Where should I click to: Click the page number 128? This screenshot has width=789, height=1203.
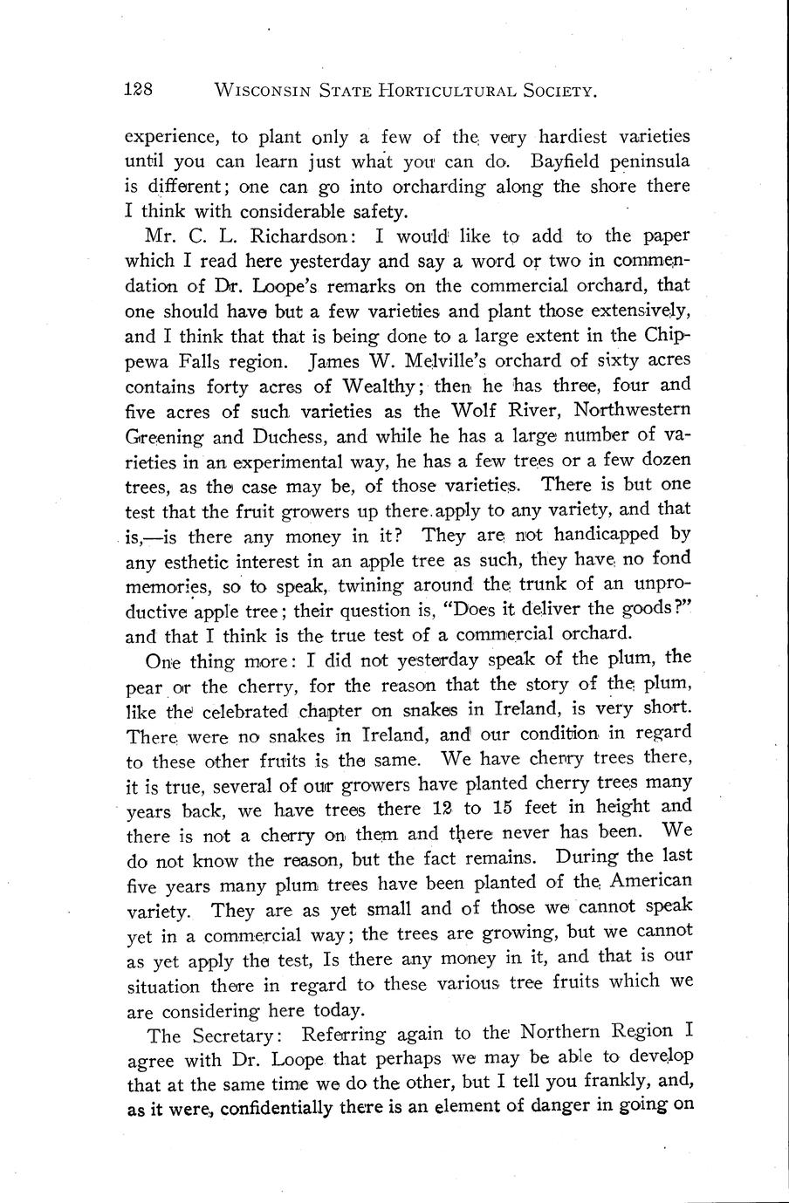[x=139, y=89]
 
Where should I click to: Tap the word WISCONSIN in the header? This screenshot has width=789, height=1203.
[x=259, y=90]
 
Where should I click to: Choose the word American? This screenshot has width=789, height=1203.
[x=649, y=880]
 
